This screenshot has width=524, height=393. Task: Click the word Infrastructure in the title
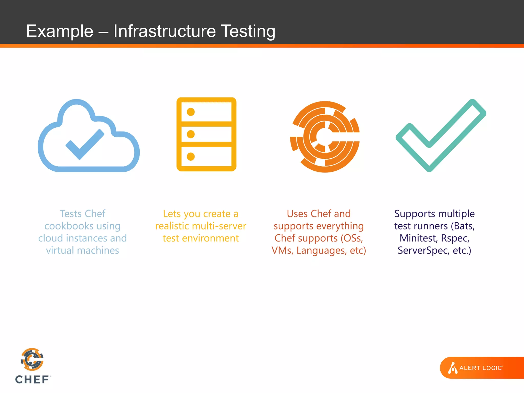[x=165, y=31]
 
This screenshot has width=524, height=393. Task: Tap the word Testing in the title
[x=248, y=31]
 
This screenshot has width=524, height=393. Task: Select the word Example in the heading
[x=60, y=31]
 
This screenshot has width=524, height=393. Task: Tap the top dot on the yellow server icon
[x=191, y=112]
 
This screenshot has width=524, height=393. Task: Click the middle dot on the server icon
[x=191, y=134]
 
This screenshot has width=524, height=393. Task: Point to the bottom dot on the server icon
[x=191, y=156]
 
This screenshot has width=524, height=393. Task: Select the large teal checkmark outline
[x=441, y=136]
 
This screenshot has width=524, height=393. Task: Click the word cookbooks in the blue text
[x=69, y=226]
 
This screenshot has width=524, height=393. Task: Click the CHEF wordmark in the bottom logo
[x=32, y=380]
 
